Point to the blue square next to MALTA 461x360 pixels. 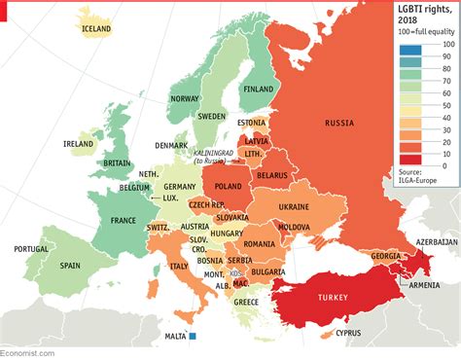pos(193,337)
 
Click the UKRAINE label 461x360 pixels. pos(293,207)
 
